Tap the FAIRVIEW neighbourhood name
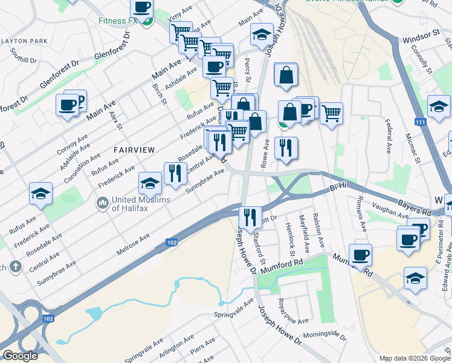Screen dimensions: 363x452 134,149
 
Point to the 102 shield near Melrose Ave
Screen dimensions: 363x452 171,243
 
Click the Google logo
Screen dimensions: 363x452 20,356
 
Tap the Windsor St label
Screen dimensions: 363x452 421,39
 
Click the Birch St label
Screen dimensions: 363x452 159,93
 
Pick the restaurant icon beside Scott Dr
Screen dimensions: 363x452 249,216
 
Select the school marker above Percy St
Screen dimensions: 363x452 262,34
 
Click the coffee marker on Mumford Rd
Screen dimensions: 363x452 360,254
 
